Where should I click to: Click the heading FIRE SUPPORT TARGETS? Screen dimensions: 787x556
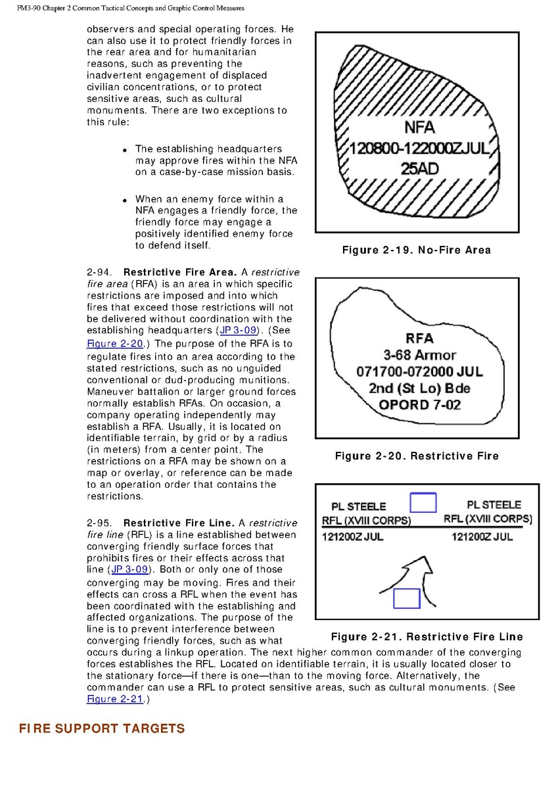click(x=102, y=728)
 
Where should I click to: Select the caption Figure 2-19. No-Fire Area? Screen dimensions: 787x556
click(x=416, y=250)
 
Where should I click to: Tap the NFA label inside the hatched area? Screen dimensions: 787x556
click(x=419, y=128)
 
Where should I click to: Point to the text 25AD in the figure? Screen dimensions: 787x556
click(x=420, y=168)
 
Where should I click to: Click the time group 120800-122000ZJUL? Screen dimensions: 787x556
click(x=419, y=149)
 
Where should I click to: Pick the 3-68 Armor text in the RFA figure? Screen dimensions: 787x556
click(x=420, y=355)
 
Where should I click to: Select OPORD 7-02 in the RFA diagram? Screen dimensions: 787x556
click(x=420, y=404)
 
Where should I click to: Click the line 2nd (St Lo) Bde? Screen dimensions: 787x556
click(x=420, y=387)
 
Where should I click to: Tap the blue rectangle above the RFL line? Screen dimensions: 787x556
click(x=423, y=503)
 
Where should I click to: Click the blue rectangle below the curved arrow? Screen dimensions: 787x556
click(x=406, y=598)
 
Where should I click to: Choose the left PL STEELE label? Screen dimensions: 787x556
click(x=359, y=507)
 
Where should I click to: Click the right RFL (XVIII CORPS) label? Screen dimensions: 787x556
click(x=488, y=519)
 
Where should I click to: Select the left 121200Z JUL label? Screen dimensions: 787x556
click(x=352, y=537)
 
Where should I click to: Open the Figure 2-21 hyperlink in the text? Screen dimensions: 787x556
click(x=115, y=699)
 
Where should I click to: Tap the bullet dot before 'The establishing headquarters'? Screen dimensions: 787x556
click(x=125, y=151)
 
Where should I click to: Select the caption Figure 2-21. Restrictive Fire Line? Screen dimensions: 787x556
click(x=427, y=636)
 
